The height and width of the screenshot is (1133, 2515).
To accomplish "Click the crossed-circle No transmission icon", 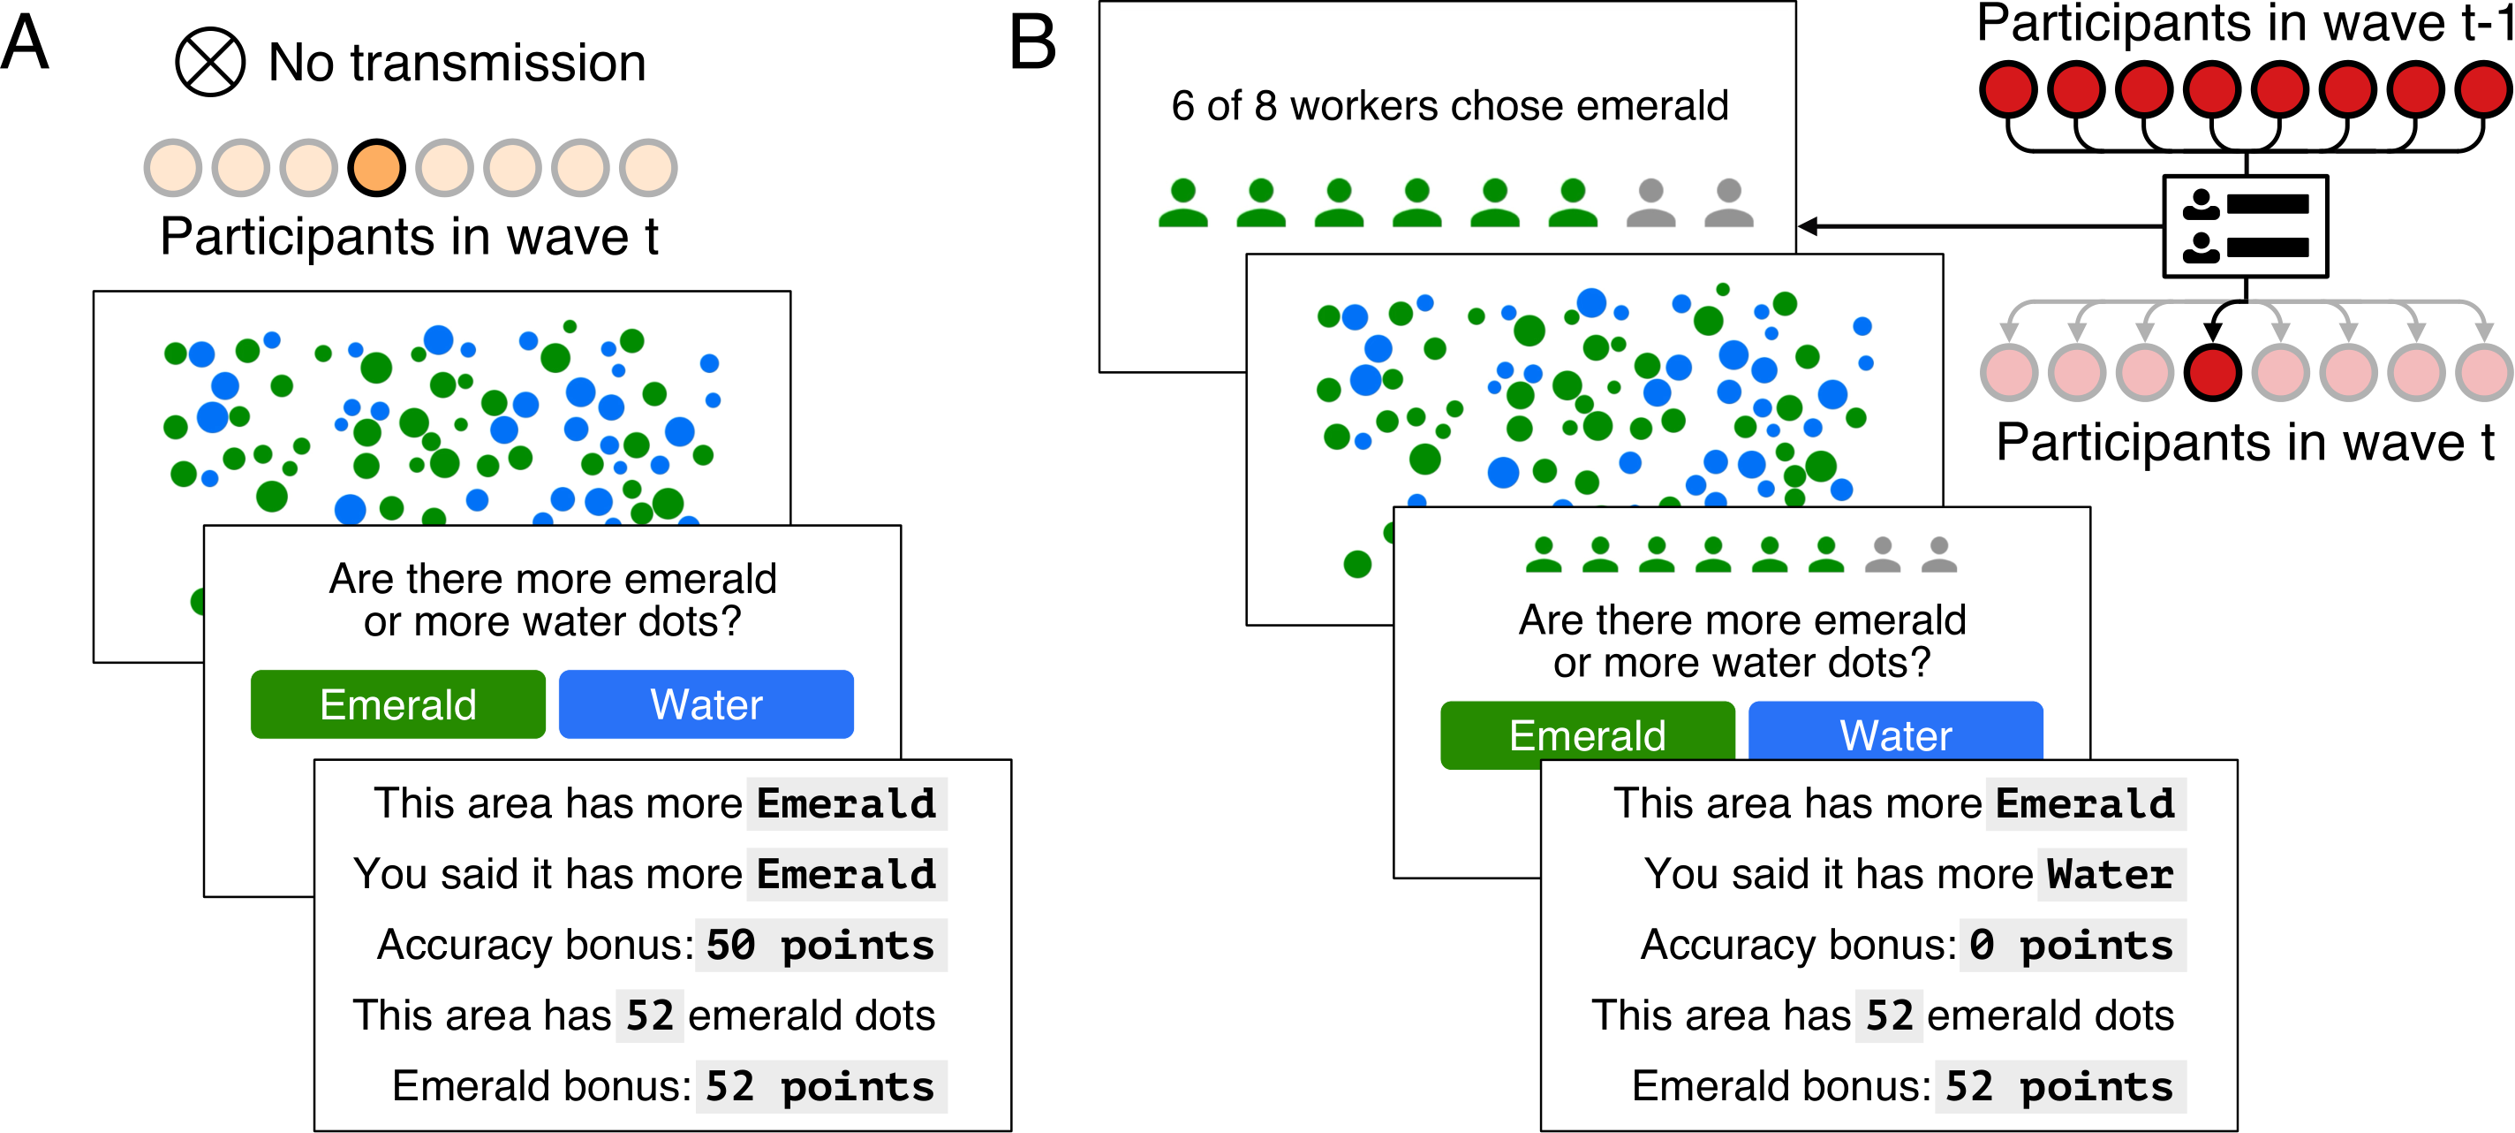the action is pos(210,63).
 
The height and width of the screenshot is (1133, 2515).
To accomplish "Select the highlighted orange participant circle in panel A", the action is pos(377,168).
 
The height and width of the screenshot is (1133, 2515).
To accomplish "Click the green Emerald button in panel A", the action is pos(398,704).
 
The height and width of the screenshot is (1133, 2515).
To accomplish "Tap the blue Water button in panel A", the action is pos(706,704).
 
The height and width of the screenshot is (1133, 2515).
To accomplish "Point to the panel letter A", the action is pos(25,43).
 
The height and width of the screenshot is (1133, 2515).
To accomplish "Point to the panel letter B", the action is pos(1033,43).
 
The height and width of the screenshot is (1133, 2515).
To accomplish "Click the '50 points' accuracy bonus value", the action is pos(821,946).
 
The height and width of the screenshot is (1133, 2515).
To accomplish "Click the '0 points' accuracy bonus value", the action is pos(2073,946).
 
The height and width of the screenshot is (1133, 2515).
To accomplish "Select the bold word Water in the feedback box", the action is pos(2111,874).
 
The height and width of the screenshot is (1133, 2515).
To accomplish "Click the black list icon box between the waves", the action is pos(2246,226).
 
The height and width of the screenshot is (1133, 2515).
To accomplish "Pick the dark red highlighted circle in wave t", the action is pos(2212,373).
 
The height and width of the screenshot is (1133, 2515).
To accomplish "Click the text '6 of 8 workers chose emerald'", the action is pos(1450,105).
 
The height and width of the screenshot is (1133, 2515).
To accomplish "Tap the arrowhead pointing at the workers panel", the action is pos(1809,226).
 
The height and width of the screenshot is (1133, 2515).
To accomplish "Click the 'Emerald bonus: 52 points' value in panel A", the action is pos(821,1087).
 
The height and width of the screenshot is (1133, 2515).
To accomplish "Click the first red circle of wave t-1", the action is pos(2008,90).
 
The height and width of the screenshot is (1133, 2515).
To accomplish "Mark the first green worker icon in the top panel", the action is pos(1183,203).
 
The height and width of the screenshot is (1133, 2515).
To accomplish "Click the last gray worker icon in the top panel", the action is pos(1729,203).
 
